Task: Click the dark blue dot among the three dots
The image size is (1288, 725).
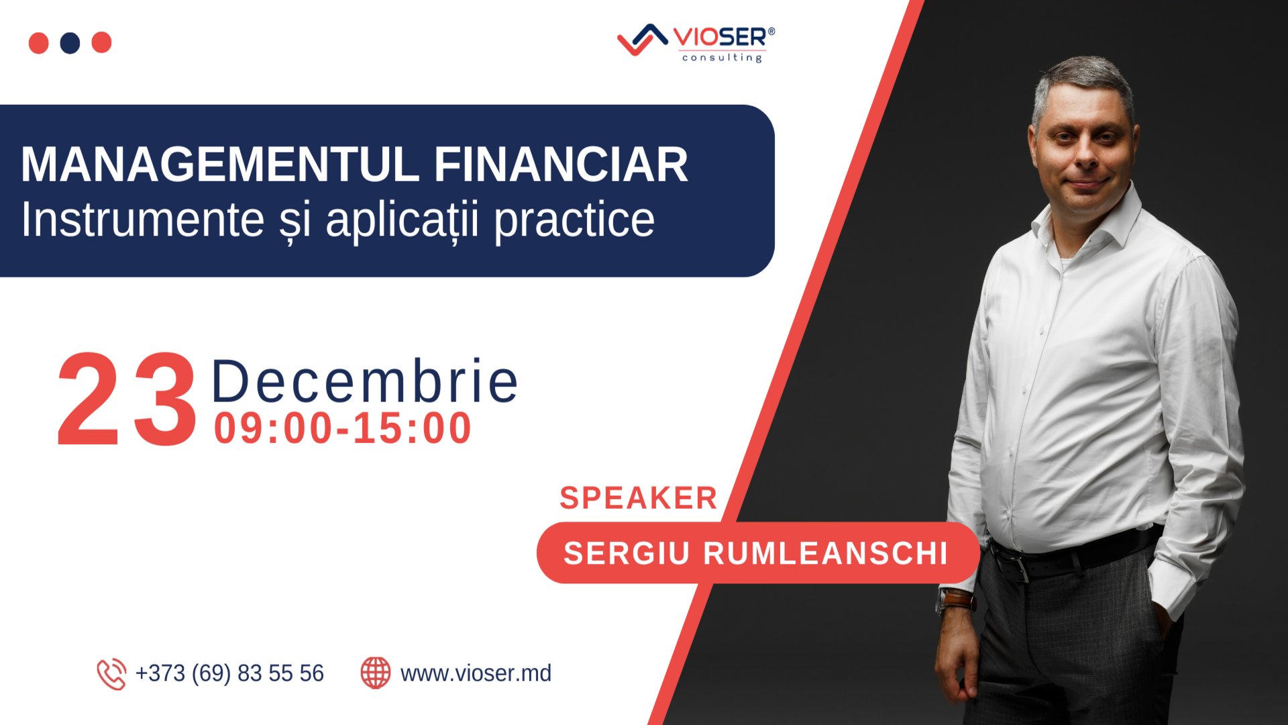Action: pos(70,42)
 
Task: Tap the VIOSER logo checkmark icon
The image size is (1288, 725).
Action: pos(641,40)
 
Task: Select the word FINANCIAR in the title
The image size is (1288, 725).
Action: pos(561,164)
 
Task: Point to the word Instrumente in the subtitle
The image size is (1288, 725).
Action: pos(143,220)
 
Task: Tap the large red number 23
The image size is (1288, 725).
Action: pos(127,401)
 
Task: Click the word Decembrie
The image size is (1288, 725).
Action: pos(365,381)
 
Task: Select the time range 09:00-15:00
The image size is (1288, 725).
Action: pos(343,428)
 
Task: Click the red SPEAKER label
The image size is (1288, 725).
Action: pos(639,498)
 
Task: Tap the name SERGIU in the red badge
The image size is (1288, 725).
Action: pos(627,554)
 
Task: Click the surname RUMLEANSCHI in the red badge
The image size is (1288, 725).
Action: pos(825,554)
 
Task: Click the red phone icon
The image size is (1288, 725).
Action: pos(111,674)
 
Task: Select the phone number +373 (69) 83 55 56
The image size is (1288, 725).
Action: pos(229,673)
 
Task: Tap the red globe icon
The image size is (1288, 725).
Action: pos(376,673)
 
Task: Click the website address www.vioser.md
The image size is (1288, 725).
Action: pos(476,673)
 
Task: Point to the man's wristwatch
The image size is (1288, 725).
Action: pos(955,600)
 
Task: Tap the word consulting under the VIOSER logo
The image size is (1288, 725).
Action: pos(722,58)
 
